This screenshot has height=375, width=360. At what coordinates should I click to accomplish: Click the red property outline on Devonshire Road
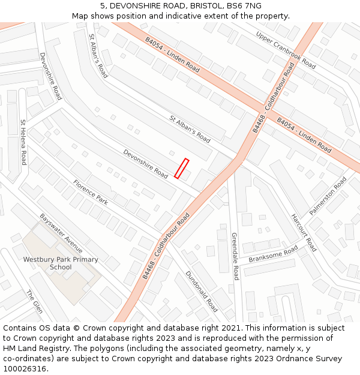[181, 168]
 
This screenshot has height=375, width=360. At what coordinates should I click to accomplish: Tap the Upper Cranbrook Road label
[286, 49]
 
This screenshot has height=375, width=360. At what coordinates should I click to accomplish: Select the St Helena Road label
[23, 142]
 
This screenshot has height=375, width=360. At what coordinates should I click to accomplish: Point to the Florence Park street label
[91, 192]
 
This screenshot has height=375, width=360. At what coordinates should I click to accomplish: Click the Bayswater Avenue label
[61, 233]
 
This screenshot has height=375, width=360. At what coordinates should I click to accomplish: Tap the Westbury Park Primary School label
[61, 263]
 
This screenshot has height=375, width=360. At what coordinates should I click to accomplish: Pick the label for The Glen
[34, 302]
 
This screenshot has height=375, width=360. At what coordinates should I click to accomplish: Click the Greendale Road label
[235, 256]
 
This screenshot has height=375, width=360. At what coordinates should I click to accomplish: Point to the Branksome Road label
[273, 254]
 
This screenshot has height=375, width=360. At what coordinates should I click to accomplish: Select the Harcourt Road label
[304, 232]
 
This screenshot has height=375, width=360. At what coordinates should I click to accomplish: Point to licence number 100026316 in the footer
[25, 369]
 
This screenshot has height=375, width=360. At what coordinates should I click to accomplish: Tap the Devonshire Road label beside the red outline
[146, 164]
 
